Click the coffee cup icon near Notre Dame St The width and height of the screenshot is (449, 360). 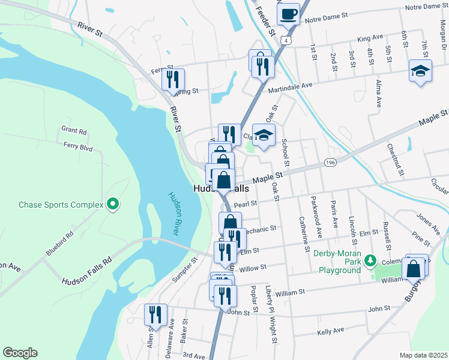pyautogui.click(x=289, y=13)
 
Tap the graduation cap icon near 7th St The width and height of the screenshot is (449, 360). pyautogui.click(x=420, y=71)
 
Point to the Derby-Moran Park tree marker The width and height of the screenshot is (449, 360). pyautogui.click(x=371, y=260)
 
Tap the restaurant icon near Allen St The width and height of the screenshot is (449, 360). pyautogui.click(x=155, y=314)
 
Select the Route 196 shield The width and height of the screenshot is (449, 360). pyautogui.click(x=330, y=163)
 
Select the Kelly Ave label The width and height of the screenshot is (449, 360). pyautogui.click(x=330, y=331)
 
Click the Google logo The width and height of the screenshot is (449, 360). pyautogui.click(x=20, y=353)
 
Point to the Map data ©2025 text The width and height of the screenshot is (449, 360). pyautogui.click(x=423, y=355)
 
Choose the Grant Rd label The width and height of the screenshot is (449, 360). pyautogui.click(x=74, y=131)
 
